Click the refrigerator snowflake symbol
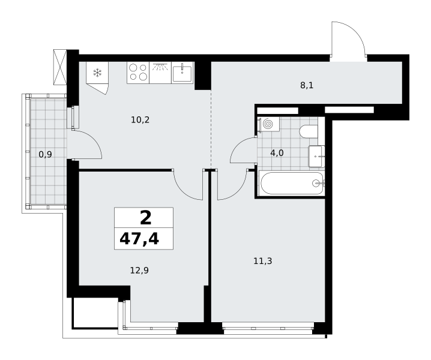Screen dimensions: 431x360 (97, 73)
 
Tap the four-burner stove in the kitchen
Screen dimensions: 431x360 (138, 72)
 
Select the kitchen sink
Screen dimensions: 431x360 (182, 72)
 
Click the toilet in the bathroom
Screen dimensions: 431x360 (309, 131)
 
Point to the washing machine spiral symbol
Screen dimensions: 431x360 (268, 124)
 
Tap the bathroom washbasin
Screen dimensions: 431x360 (317, 157)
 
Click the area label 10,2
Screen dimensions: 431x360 (140, 120)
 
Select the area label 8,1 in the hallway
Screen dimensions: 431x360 (307, 85)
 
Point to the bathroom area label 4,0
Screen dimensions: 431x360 (277, 153)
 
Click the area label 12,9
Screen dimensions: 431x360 (139, 271)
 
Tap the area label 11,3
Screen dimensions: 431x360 (263, 261)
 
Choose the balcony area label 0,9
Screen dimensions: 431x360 (46, 155)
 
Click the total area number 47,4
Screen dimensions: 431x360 (139, 239)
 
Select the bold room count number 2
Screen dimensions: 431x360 (146, 218)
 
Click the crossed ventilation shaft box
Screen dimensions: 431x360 (60, 67)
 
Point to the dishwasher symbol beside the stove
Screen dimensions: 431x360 (160, 73)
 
